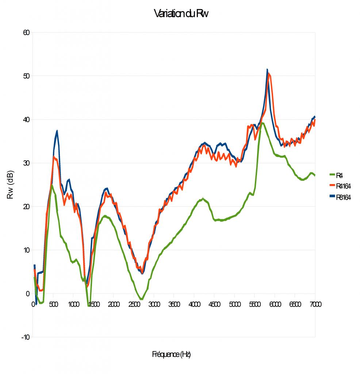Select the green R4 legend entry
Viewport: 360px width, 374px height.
(339, 175)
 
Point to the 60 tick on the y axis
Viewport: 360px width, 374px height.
(26, 33)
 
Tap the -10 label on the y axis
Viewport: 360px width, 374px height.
(25, 337)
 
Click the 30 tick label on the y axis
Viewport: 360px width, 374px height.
(26, 163)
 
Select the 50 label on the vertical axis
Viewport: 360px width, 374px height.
(26, 76)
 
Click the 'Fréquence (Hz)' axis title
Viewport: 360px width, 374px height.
(171, 354)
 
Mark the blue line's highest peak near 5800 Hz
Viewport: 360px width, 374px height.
(267, 69)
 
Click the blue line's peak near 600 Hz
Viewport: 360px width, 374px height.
(57, 131)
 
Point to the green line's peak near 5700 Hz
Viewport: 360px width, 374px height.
(262, 123)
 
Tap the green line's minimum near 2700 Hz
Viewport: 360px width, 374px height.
(142, 299)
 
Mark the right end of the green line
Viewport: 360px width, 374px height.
(315, 175)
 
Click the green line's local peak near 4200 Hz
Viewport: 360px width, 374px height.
(203, 199)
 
